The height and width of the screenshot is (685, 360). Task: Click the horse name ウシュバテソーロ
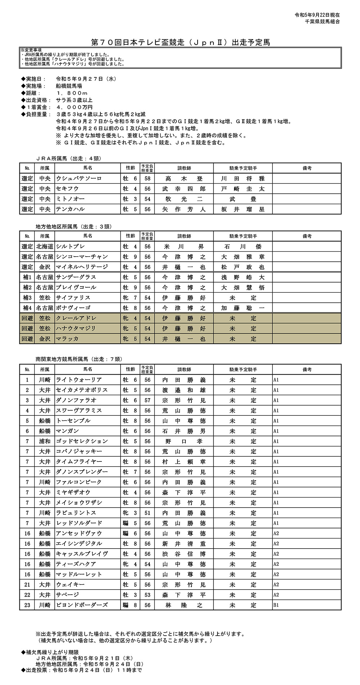[x=79, y=179]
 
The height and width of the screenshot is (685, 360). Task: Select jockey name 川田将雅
[x=243, y=179]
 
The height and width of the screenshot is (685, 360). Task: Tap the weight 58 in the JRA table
[x=147, y=179]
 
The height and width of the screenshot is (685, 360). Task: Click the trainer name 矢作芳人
[x=184, y=209]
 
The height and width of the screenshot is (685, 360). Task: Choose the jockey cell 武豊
[x=243, y=199]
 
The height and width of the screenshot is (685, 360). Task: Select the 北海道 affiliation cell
[x=45, y=247]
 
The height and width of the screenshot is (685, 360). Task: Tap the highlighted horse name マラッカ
[x=67, y=339]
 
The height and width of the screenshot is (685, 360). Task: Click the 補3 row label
[x=27, y=298]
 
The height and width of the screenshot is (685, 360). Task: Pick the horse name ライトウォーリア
[x=79, y=380]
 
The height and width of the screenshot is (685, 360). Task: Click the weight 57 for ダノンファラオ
[x=147, y=400]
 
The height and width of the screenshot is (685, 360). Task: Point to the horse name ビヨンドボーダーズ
[x=82, y=605]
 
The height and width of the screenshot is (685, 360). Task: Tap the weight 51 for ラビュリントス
[x=147, y=513]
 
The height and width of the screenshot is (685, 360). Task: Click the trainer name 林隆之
[x=184, y=605]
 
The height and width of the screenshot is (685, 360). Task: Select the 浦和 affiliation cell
[x=45, y=441]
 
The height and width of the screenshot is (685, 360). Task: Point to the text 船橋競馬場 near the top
[x=69, y=86]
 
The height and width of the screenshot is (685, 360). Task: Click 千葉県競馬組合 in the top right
[x=322, y=22]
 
